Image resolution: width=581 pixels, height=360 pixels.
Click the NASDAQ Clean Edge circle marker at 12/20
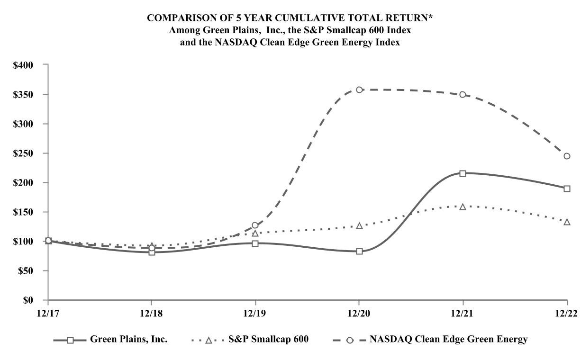coord(359,90)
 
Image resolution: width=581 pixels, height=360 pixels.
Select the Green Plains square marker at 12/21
coord(463,173)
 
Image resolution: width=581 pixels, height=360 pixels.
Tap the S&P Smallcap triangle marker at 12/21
coord(463,207)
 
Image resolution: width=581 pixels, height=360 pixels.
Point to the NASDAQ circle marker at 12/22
coord(567,156)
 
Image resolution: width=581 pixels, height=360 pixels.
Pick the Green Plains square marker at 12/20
coord(359,251)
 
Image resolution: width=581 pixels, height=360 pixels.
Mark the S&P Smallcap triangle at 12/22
coord(567,222)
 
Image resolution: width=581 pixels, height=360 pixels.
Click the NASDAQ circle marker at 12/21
coord(463,94)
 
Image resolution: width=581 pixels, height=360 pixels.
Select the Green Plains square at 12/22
coord(567,189)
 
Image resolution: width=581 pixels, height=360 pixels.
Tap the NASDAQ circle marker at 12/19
coord(255,225)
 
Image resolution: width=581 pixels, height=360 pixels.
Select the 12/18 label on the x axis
coord(151,314)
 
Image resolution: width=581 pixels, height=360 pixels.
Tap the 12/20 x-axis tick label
coord(359,314)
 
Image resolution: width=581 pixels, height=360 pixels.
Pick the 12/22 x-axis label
coord(567,314)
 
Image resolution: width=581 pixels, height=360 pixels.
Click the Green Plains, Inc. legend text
coord(128,340)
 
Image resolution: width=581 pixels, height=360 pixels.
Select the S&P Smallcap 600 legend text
coord(269,340)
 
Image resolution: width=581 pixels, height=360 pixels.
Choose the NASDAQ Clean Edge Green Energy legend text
coord(448,340)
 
